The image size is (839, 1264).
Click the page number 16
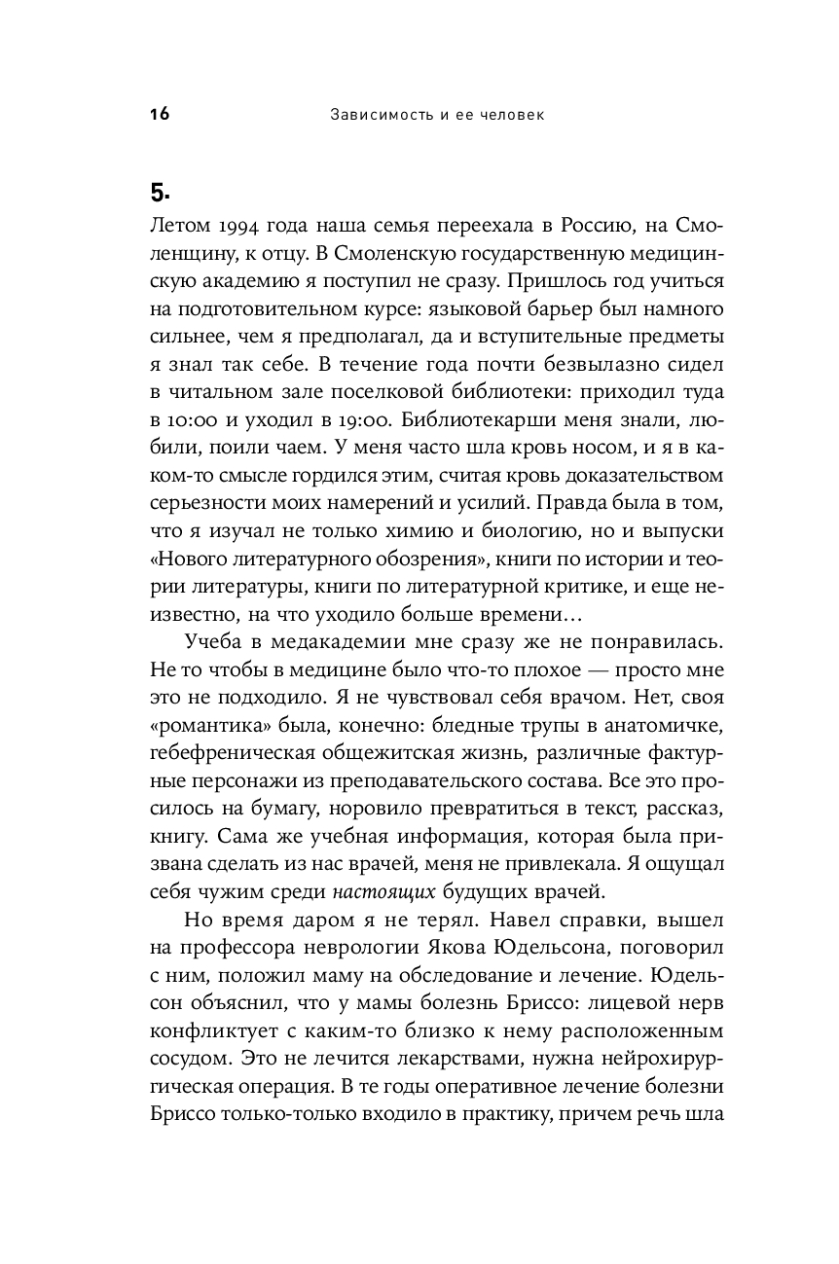160,115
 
